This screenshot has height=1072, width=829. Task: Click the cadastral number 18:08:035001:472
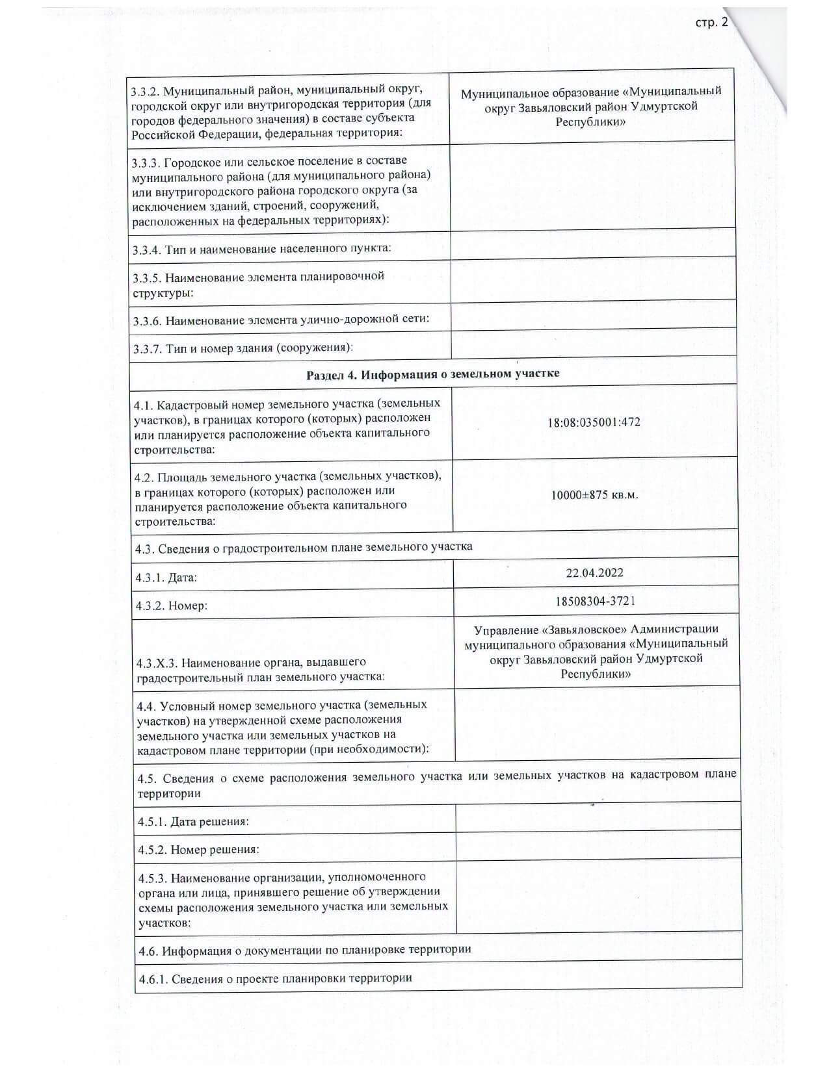pos(594,422)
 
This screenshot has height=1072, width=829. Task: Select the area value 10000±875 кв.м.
pos(594,495)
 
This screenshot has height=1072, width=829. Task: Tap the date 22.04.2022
pos(594,573)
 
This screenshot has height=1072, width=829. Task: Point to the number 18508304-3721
pos(595,601)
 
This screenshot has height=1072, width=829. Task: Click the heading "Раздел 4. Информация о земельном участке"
pos(432,374)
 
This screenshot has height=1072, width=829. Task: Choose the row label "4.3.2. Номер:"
pos(171,606)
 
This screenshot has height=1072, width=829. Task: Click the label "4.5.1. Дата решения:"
pos(193,821)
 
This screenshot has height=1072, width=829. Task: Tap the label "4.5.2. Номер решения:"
pos(198,849)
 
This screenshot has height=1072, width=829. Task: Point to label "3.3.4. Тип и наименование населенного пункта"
pos(261,249)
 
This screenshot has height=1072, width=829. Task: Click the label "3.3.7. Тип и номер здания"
pos(243,348)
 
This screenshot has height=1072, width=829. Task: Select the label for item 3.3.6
pos(281,320)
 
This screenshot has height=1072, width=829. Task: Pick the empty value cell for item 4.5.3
pos(598,897)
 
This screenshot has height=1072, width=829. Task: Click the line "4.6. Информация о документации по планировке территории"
pos(304,950)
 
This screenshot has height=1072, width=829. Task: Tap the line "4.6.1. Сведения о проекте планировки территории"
pos(275,978)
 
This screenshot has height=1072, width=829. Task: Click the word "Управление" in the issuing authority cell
pos(501,630)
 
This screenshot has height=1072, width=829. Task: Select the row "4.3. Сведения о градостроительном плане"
pos(303,547)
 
